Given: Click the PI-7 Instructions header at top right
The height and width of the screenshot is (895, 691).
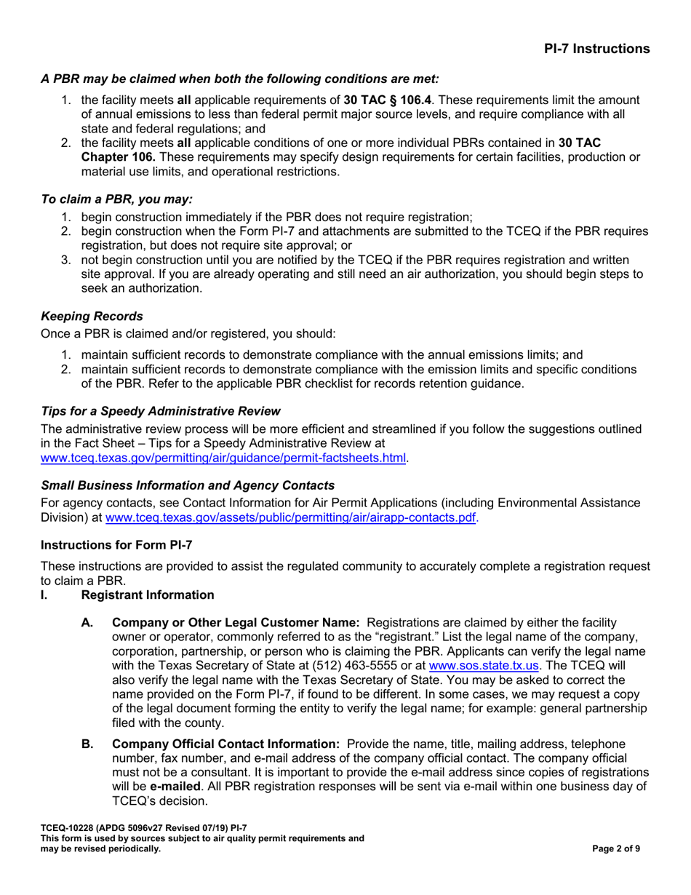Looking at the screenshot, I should [596, 49].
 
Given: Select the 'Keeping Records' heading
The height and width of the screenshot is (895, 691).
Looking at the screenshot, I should [92, 317].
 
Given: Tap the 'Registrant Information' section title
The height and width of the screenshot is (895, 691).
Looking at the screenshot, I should [148, 595].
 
